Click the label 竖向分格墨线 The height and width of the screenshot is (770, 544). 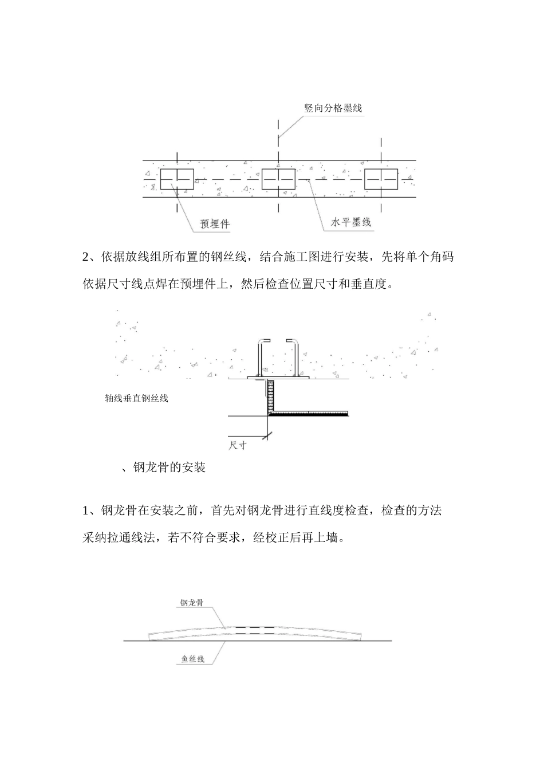333,108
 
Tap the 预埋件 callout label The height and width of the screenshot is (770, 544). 215,224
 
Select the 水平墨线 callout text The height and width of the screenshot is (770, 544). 351,222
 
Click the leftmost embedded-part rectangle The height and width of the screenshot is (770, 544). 177,179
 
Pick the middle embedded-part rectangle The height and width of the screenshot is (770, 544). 278,179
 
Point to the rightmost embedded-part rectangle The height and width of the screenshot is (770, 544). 381,179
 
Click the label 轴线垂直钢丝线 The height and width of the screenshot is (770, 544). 136,398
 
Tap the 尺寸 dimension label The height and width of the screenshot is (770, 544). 238,446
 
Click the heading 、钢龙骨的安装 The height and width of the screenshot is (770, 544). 163,467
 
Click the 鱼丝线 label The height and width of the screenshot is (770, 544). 193,659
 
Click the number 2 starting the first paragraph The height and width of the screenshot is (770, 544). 85,257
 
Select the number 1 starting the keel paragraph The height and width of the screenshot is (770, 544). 85,511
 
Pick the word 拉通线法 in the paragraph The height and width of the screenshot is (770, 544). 131,537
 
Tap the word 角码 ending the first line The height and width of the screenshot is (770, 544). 442,257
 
